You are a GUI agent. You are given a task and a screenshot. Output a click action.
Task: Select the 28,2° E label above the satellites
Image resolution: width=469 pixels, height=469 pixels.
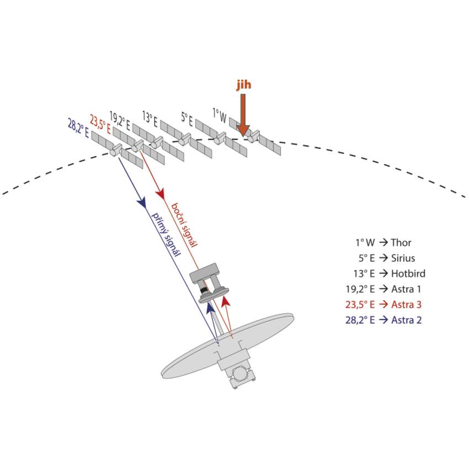[x=78, y=128]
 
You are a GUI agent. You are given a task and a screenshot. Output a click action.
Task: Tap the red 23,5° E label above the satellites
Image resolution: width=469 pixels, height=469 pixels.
[x=100, y=124]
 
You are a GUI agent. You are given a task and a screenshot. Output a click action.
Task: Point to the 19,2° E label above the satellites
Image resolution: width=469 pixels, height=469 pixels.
[x=120, y=120]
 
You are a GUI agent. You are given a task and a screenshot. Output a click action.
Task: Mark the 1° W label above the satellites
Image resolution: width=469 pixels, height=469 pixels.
[x=219, y=116]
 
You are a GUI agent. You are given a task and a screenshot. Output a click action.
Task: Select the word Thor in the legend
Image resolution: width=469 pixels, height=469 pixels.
[x=401, y=242]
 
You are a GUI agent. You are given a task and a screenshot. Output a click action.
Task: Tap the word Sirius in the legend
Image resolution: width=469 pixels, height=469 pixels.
[x=403, y=258]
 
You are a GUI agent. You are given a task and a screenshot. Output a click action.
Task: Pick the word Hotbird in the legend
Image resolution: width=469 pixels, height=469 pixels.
[x=408, y=273]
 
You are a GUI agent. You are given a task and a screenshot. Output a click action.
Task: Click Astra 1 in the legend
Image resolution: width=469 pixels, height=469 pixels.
[x=407, y=289]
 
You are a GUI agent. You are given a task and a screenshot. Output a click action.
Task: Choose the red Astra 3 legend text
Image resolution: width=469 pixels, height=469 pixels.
[x=407, y=304]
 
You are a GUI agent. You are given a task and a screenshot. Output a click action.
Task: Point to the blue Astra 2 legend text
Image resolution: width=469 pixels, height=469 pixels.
[x=407, y=319]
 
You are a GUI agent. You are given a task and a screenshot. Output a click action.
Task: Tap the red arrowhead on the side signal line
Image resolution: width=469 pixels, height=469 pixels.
[x=161, y=194]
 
